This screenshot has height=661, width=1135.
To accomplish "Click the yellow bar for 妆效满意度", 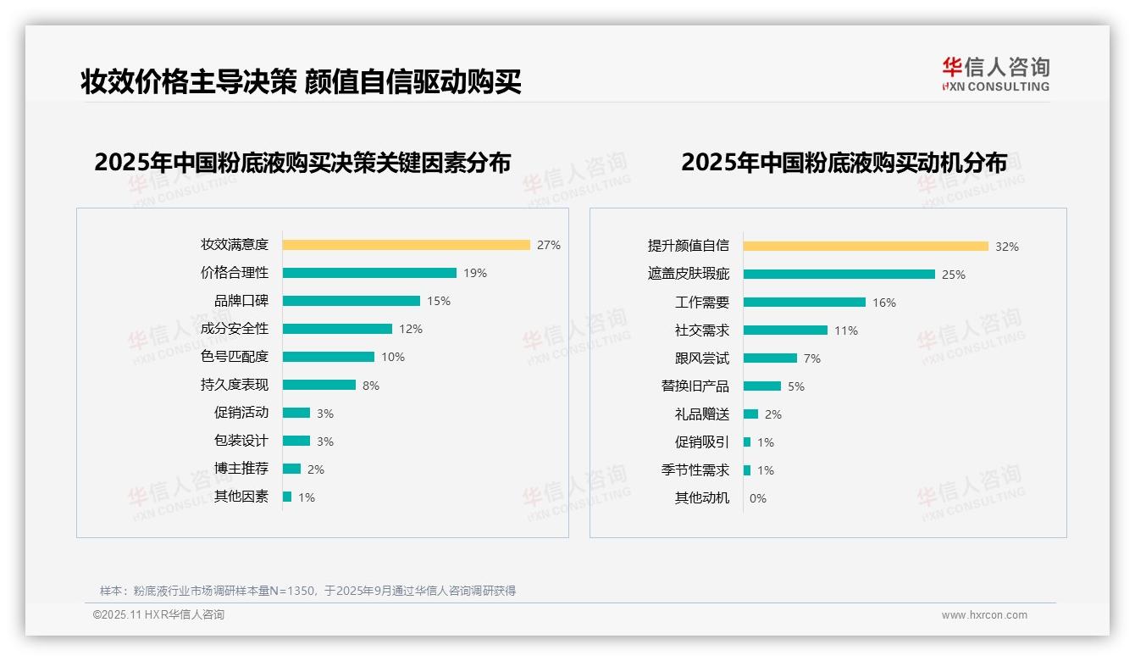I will (406, 245).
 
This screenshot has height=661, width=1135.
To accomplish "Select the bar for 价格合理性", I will (369, 273).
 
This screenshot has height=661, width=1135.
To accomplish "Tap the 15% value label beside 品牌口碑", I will (439, 301).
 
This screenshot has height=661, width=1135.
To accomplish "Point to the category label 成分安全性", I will (235, 329).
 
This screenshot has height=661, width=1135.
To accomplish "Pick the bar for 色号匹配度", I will (329, 357).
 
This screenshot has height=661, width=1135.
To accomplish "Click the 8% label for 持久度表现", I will (371, 386).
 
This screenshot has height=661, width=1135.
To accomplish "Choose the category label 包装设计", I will (241, 441).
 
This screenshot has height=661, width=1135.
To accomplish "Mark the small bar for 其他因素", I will (287, 497).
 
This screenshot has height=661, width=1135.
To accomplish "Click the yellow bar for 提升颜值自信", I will (866, 247).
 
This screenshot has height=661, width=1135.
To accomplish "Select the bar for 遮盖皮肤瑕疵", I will (839, 275).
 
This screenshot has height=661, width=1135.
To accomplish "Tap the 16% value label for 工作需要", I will (884, 303).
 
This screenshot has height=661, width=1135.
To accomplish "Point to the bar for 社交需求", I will (785, 330).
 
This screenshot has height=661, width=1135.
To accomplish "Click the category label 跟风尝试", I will (702, 358).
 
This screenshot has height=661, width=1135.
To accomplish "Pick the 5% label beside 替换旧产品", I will (796, 386).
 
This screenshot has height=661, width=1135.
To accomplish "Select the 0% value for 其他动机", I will (758, 498).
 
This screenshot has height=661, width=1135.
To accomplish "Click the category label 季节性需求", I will (695, 470).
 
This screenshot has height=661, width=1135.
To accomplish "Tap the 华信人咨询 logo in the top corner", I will (995, 75).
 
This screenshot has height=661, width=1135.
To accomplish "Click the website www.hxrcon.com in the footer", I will (984, 615).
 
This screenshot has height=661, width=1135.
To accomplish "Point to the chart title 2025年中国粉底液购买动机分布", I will (844, 163).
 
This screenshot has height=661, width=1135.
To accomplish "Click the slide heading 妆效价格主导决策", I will (188, 82).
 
